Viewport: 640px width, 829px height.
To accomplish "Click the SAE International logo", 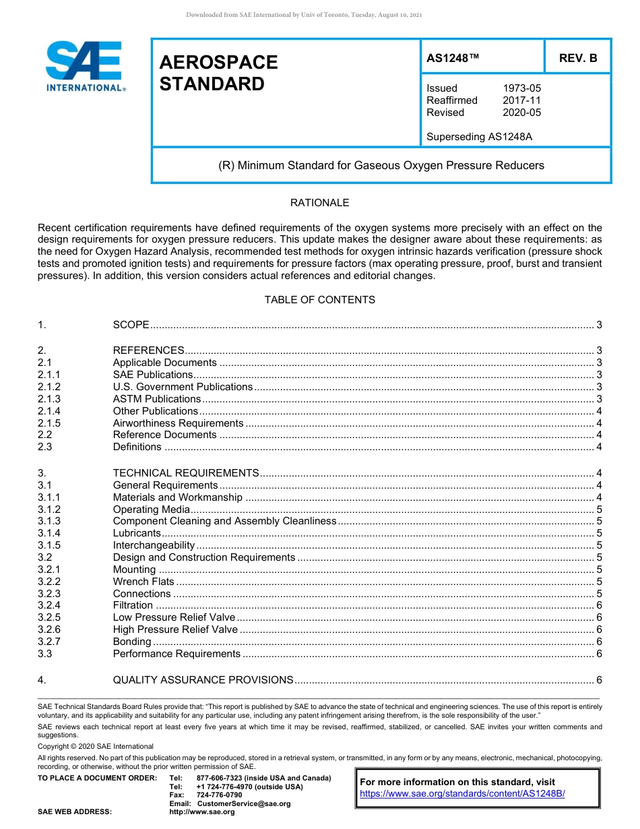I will tap(85, 66).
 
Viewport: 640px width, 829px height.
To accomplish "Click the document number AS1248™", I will tap(453, 59).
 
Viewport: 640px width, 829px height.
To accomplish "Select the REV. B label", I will tap(577, 59).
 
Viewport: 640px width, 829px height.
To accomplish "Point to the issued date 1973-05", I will tap(521, 88).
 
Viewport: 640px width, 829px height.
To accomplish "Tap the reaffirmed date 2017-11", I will tap(521, 100).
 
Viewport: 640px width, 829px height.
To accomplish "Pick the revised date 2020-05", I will tap(521, 113).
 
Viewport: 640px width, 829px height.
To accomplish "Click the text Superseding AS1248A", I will tap(479, 137).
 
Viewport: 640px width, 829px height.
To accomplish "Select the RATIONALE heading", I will tap(319, 203).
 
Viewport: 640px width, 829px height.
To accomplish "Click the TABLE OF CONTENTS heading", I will tap(319, 300).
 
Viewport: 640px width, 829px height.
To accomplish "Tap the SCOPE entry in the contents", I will tap(131, 325).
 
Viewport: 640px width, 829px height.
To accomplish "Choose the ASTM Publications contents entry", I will tap(156, 399).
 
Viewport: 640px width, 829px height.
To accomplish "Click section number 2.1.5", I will tap(49, 423).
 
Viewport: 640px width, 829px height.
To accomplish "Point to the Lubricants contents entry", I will tap(137, 533).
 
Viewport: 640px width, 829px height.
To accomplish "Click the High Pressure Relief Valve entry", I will tap(175, 630).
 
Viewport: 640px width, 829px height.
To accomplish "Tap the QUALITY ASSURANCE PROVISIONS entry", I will tap(203, 680).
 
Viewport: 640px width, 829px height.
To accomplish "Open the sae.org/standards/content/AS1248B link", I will tap(462, 793).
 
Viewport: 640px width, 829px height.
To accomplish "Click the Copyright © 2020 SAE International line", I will tap(96, 746).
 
